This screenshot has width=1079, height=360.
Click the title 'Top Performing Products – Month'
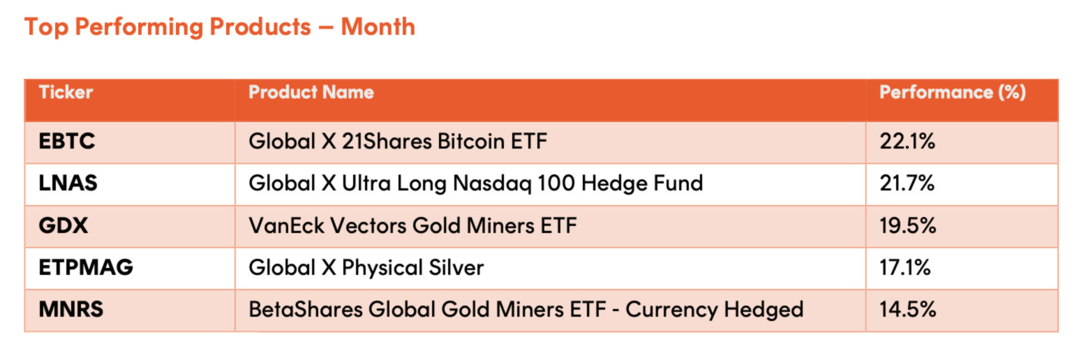point(220,27)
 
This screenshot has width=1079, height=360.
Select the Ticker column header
point(66,92)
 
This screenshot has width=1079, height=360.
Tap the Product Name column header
point(311,92)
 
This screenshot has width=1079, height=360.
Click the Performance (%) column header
point(953,92)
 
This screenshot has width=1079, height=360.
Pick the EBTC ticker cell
point(67,142)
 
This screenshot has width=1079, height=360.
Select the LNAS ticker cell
point(68,183)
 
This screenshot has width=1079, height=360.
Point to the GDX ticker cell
point(63,225)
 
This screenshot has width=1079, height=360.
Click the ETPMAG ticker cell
point(86,267)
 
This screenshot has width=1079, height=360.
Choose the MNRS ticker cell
point(70,309)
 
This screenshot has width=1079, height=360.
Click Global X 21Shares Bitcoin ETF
point(398,142)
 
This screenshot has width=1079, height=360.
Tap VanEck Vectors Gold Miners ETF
point(412,225)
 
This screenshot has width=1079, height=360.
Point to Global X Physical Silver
point(366,268)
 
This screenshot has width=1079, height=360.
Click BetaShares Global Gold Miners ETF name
point(526,310)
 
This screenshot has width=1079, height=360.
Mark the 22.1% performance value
point(907,142)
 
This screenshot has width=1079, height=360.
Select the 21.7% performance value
point(907,183)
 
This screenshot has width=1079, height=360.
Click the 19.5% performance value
point(908,225)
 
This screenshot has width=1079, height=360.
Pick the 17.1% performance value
point(905,267)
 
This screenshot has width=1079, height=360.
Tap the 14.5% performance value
point(908,309)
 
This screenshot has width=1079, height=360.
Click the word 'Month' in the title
point(378,27)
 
